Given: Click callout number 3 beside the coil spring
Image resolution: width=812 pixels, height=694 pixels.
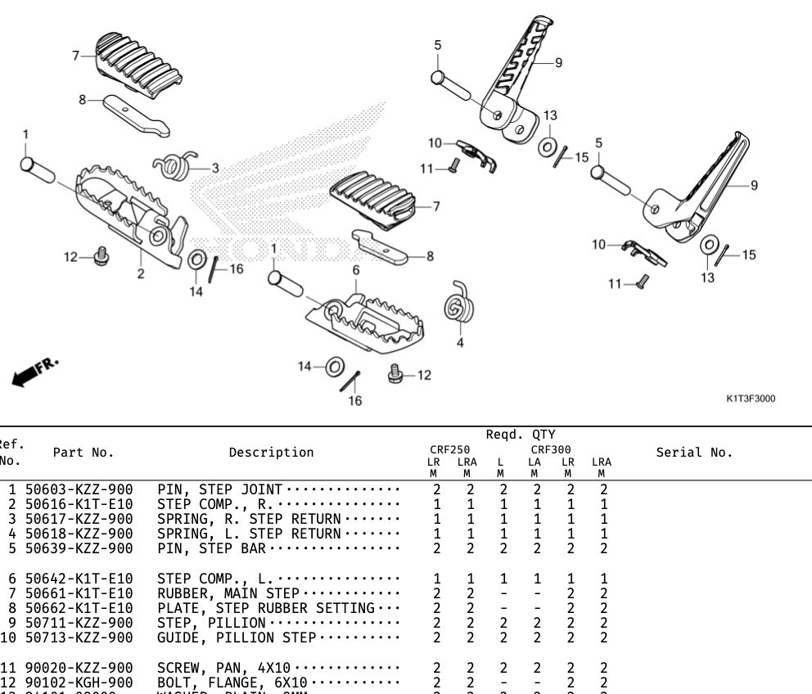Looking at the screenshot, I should (215, 168).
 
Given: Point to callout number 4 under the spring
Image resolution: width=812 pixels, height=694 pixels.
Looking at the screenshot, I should (460, 342).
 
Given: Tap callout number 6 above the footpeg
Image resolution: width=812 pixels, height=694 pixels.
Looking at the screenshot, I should (356, 269).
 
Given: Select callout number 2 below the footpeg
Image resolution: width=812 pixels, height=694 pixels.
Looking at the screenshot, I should (140, 273).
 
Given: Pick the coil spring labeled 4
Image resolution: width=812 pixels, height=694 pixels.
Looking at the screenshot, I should (456, 306).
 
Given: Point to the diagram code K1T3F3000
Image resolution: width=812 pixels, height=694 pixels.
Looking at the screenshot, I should (751, 399).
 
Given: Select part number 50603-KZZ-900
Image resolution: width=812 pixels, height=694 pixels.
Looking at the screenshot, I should (79, 489).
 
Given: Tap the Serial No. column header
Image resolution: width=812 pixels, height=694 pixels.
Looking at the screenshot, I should (695, 453).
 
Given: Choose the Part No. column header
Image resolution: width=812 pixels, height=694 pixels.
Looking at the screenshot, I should (83, 453).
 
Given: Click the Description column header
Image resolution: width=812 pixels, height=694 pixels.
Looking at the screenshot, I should (271, 453).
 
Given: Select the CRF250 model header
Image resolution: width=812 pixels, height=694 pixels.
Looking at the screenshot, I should (449, 449).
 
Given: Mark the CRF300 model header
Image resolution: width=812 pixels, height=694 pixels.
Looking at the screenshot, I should (551, 449).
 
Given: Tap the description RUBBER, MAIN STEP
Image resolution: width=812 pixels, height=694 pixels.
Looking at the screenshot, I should (231, 593).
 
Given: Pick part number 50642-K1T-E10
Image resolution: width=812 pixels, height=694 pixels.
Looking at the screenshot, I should (79, 579).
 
